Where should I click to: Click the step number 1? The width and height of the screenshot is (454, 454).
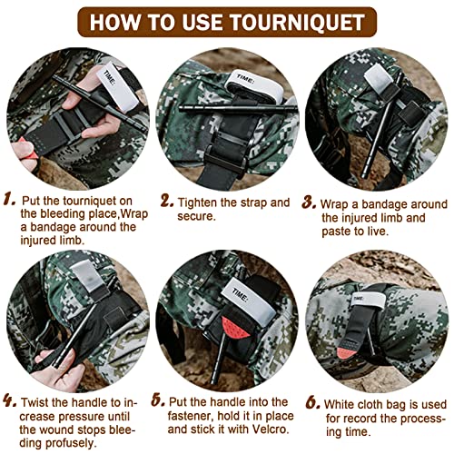pyautogui.click(x=8, y=198)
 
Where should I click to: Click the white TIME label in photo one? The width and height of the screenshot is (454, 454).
pyautogui.click(x=111, y=75)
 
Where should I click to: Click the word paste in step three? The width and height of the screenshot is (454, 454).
pyautogui.click(x=340, y=231)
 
